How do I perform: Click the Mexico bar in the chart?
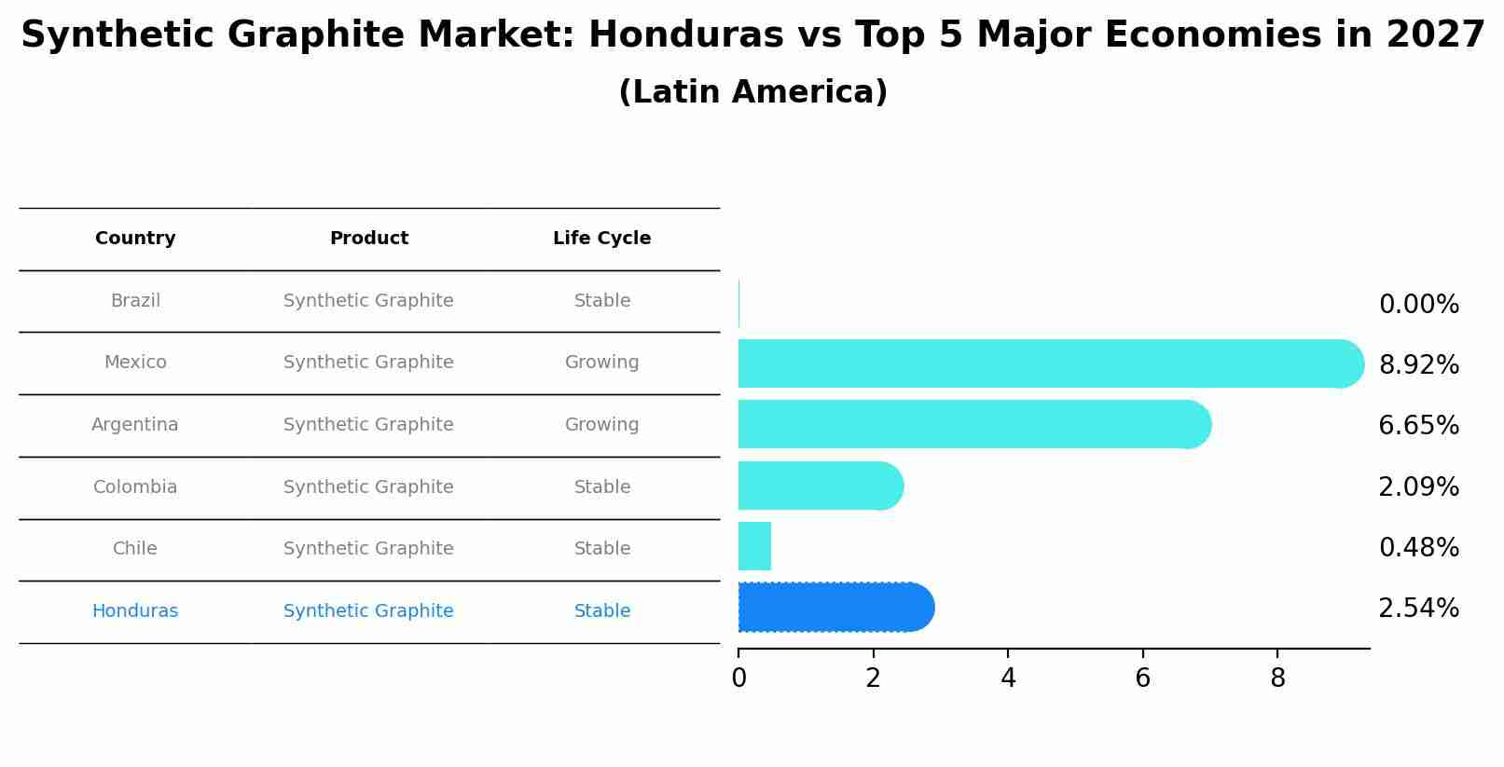[x=1044, y=363]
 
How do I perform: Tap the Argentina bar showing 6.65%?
[x=970, y=425]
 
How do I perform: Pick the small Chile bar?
[x=754, y=547]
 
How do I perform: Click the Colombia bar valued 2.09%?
[x=816, y=486]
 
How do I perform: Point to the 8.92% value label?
[x=1418, y=365]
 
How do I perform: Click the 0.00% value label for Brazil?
[x=1418, y=305]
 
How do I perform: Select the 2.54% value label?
[x=1418, y=609]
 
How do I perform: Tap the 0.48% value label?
[x=1418, y=548]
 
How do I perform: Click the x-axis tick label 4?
[x=1008, y=678]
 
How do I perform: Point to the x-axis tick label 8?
[x=1277, y=678]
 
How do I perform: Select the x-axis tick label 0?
[x=738, y=678]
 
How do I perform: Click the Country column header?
[x=135, y=239]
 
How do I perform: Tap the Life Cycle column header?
[x=601, y=239]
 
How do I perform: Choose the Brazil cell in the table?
[x=135, y=301]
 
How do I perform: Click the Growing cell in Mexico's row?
[x=601, y=363]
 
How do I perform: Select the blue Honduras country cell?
[x=135, y=611]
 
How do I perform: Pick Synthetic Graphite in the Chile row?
[x=368, y=549]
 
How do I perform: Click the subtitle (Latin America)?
[x=752, y=92]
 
